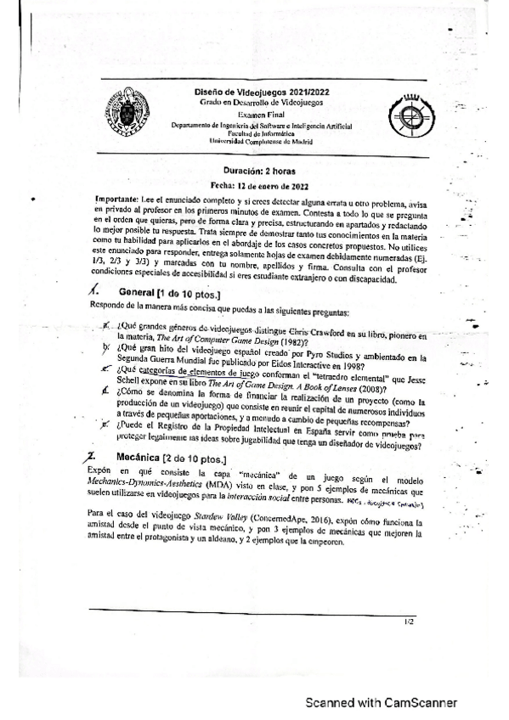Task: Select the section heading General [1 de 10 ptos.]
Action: click(x=161, y=292)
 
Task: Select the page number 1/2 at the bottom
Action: click(x=409, y=622)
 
